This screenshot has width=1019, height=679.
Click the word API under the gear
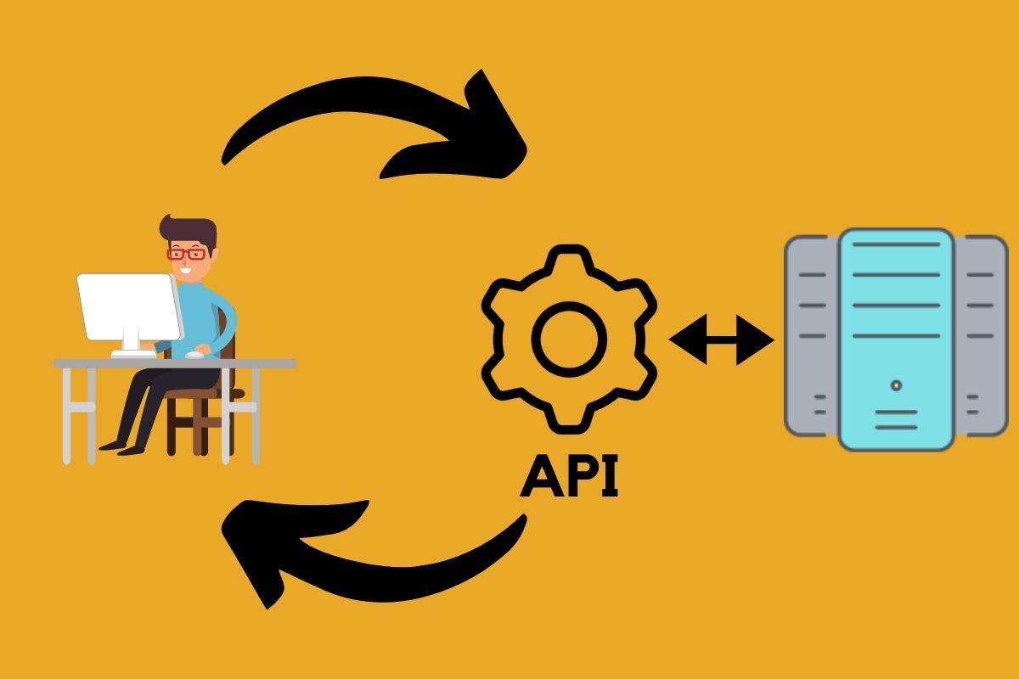point(569,477)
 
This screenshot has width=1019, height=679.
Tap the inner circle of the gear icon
point(569,339)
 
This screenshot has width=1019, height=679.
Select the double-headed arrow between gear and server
point(722,339)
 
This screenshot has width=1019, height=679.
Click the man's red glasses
point(186,253)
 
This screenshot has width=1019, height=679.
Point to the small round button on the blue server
point(896,385)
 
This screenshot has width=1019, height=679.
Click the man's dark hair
point(191,231)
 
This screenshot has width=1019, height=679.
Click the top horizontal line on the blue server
point(896,246)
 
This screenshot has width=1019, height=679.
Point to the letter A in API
point(542,477)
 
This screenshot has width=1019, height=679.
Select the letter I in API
point(609,477)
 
